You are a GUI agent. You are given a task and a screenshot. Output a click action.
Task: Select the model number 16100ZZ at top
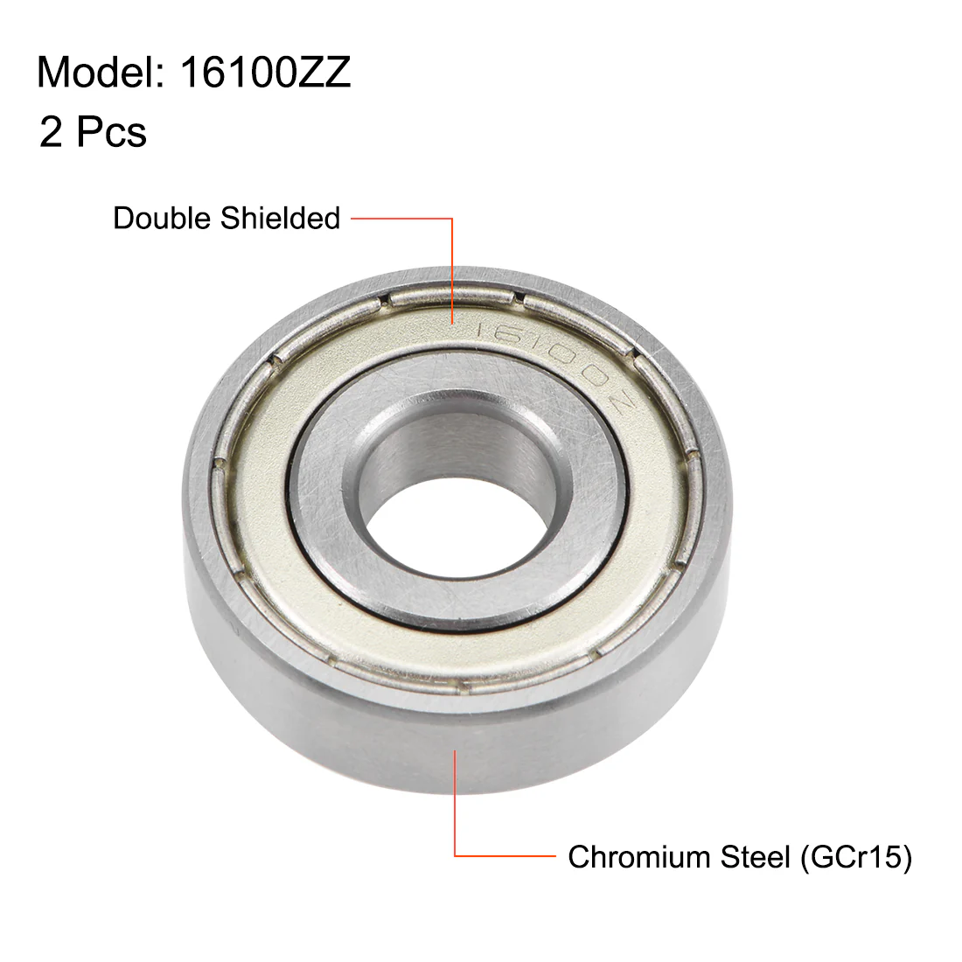(265, 73)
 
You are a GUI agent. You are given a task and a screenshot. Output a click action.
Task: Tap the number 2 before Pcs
(51, 132)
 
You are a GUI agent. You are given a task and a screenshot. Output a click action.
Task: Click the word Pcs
(112, 132)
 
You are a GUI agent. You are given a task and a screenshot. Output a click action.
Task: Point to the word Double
(162, 218)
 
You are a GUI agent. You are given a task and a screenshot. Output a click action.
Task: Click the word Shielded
(281, 218)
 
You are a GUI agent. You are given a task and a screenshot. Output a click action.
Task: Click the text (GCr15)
(856, 857)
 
